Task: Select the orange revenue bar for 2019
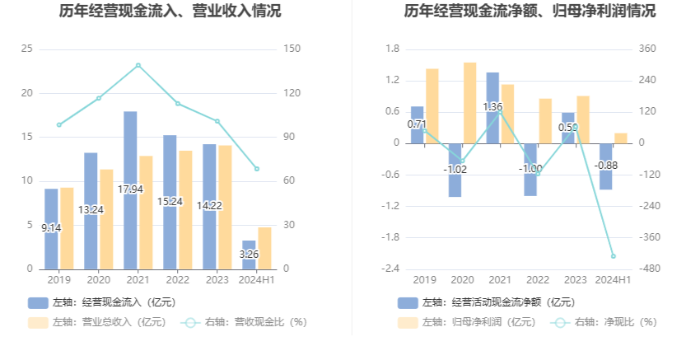coord(67,228)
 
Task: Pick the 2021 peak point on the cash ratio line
coord(138,65)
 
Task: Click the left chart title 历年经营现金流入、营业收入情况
coord(170,12)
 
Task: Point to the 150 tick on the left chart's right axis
coord(292,49)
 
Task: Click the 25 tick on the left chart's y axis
coord(28,49)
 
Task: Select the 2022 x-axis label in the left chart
coord(177,280)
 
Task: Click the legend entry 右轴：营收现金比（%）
coord(245,322)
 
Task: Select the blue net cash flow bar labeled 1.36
coord(492,108)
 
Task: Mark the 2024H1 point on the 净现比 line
coord(613,256)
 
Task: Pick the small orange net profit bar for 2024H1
coord(621,138)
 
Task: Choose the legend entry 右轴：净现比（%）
coord(607,322)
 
